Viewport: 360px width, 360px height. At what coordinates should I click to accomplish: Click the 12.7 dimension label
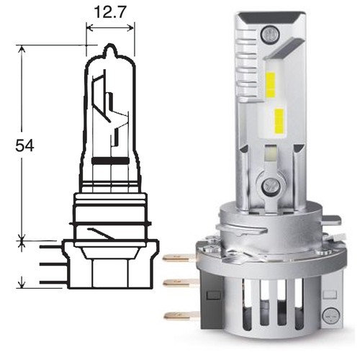[110, 12]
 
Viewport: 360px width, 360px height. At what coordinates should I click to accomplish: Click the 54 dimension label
[24, 145]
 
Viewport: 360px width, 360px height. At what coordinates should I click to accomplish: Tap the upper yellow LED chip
[271, 83]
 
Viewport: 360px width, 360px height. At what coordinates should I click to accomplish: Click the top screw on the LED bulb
[270, 34]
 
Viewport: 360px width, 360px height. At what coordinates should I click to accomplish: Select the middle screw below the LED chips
[271, 186]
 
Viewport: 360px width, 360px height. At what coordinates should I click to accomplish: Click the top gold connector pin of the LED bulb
[179, 258]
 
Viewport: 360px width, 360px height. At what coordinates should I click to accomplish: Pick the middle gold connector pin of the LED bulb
[181, 283]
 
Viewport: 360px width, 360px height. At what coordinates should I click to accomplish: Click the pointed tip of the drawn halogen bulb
[110, 44]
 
